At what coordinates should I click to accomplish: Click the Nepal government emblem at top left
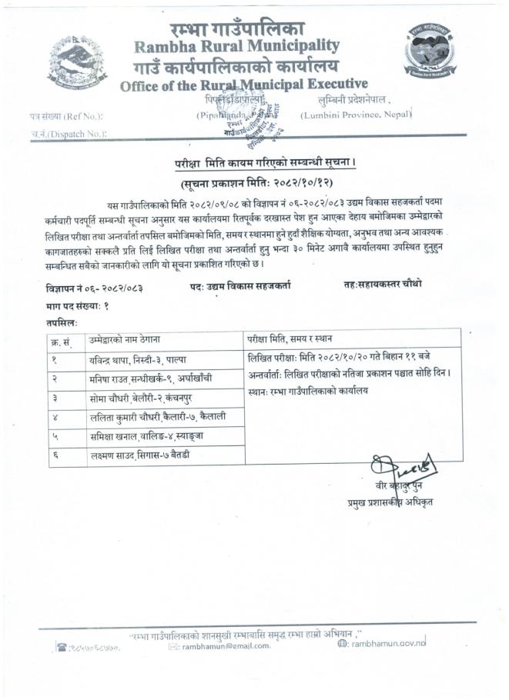[x=77, y=60]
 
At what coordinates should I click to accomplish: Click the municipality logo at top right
[x=430, y=53]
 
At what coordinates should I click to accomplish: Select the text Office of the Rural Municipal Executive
[x=243, y=85]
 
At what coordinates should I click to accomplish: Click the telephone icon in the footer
[x=62, y=647]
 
